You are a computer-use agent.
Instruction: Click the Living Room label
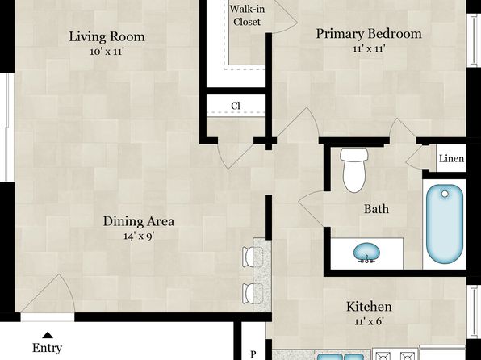[x=107, y=37]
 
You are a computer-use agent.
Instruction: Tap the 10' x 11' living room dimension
[x=107, y=51]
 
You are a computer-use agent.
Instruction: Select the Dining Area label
[x=139, y=221]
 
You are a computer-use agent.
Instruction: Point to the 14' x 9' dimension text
[x=139, y=236]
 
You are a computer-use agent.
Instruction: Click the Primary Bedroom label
[x=369, y=34]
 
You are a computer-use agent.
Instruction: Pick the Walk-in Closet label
[x=247, y=15]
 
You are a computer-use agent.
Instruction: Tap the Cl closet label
[x=236, y=106]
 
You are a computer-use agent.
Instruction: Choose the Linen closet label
[x=451, y=159]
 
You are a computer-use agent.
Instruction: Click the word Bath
[x=376, y=209]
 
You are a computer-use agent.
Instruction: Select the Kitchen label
[x=369, y=307]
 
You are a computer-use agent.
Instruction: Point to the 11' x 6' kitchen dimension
[x=369, y=321]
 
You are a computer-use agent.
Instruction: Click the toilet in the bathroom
[x=353, y=170]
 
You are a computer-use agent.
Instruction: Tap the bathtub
[x=445, y=224]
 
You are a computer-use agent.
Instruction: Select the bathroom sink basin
[x=366, y=252]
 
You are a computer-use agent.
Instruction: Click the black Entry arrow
[x=48, y=335]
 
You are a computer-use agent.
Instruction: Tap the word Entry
[x=48, y=348]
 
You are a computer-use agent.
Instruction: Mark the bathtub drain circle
[x=445, y=194]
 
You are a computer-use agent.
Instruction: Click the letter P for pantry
[x=253, y=354]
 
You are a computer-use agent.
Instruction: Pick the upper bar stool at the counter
[x=253, y=257]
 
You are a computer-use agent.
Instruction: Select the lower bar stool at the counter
[x=253, y=294]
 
